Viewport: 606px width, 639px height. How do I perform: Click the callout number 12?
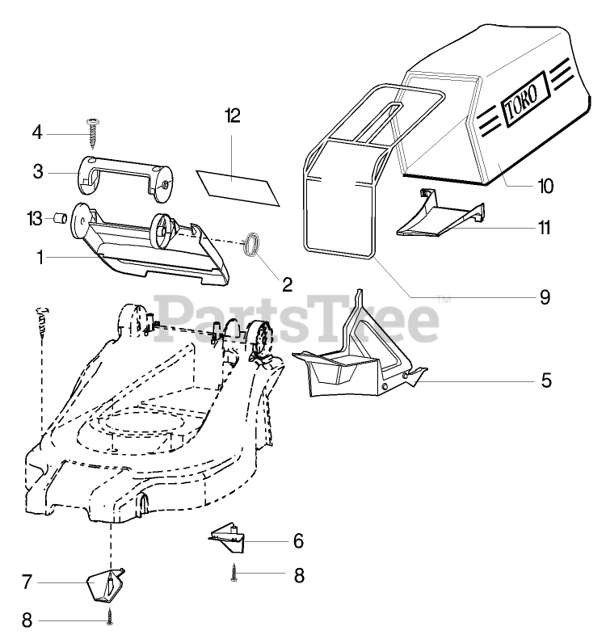(234, 116)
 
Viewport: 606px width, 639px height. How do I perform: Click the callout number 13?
(35, 218)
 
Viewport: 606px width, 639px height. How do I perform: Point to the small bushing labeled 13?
(58, 218)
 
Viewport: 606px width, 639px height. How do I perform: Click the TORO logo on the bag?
(526, 103)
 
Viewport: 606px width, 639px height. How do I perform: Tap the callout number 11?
(545, 228)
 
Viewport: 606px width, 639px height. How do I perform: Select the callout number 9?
(545, 297)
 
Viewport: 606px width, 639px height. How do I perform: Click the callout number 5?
(546, 379)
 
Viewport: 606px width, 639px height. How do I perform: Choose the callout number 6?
(298, 539)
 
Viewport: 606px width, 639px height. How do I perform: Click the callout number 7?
(27, 580)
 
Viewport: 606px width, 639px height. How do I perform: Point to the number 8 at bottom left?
(27, 620)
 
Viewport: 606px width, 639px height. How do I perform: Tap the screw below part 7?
(109, 617)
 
